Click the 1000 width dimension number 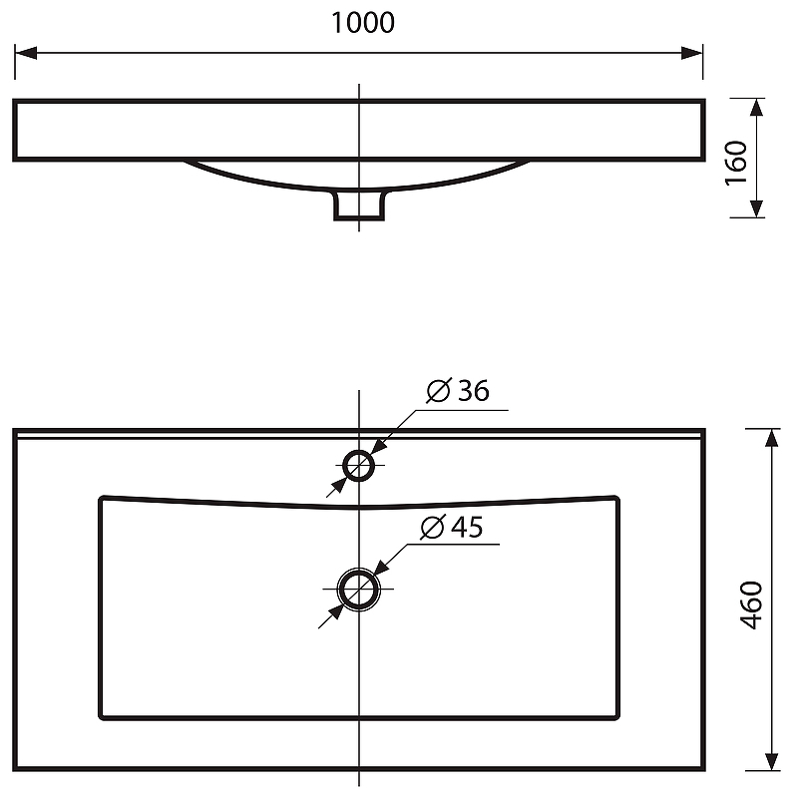pos(363,23)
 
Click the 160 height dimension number pos(736,163)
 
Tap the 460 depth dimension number pos(751,604)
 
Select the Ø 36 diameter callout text pos(458,390)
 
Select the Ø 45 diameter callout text pos(452,527)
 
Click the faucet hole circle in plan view pos(359,451)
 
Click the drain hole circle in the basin pos(359,570)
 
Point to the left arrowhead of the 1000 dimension pos(26,53)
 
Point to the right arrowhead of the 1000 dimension pos(691,53)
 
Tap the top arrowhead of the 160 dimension pos(757,109)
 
